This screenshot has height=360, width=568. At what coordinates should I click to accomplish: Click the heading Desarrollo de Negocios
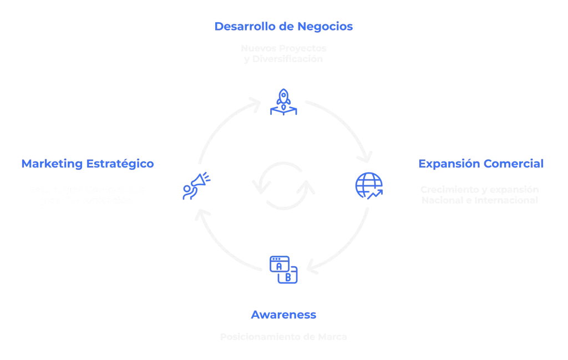point(283,26)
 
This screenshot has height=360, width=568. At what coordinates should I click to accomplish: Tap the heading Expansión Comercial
point(481,164)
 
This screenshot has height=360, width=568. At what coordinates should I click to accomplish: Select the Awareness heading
point(283,315)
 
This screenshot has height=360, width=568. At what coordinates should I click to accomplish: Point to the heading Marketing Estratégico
point(88,164)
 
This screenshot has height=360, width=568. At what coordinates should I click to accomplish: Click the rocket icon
point(283,102)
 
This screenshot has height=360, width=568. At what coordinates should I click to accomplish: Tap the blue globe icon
point(369,185)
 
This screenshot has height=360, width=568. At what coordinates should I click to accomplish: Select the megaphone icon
point(196,185)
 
